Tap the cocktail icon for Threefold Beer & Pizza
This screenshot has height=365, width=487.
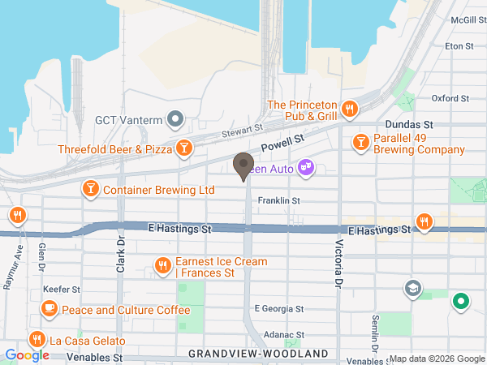click(x=185, y=148)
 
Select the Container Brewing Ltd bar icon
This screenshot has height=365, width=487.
click(x=90, y=190)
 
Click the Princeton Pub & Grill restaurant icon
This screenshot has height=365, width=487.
click(x=350, y=108)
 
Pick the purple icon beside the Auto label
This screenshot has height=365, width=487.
click(x=305, y=168)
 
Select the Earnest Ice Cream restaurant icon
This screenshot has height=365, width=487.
click(x=163, y=265)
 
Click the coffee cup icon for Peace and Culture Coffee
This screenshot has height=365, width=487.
click(x=50, y=309)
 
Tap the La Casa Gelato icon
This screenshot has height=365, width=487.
click(x=36, y=339)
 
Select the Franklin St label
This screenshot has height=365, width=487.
click(x=279, y=200)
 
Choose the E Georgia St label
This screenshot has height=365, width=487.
click(x=278, y=309)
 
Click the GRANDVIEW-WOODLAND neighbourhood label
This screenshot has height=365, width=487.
click(x=259, y=354)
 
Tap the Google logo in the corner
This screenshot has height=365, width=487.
click(x=27, y=354)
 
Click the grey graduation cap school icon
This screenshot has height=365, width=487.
click(x=413, y=287)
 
